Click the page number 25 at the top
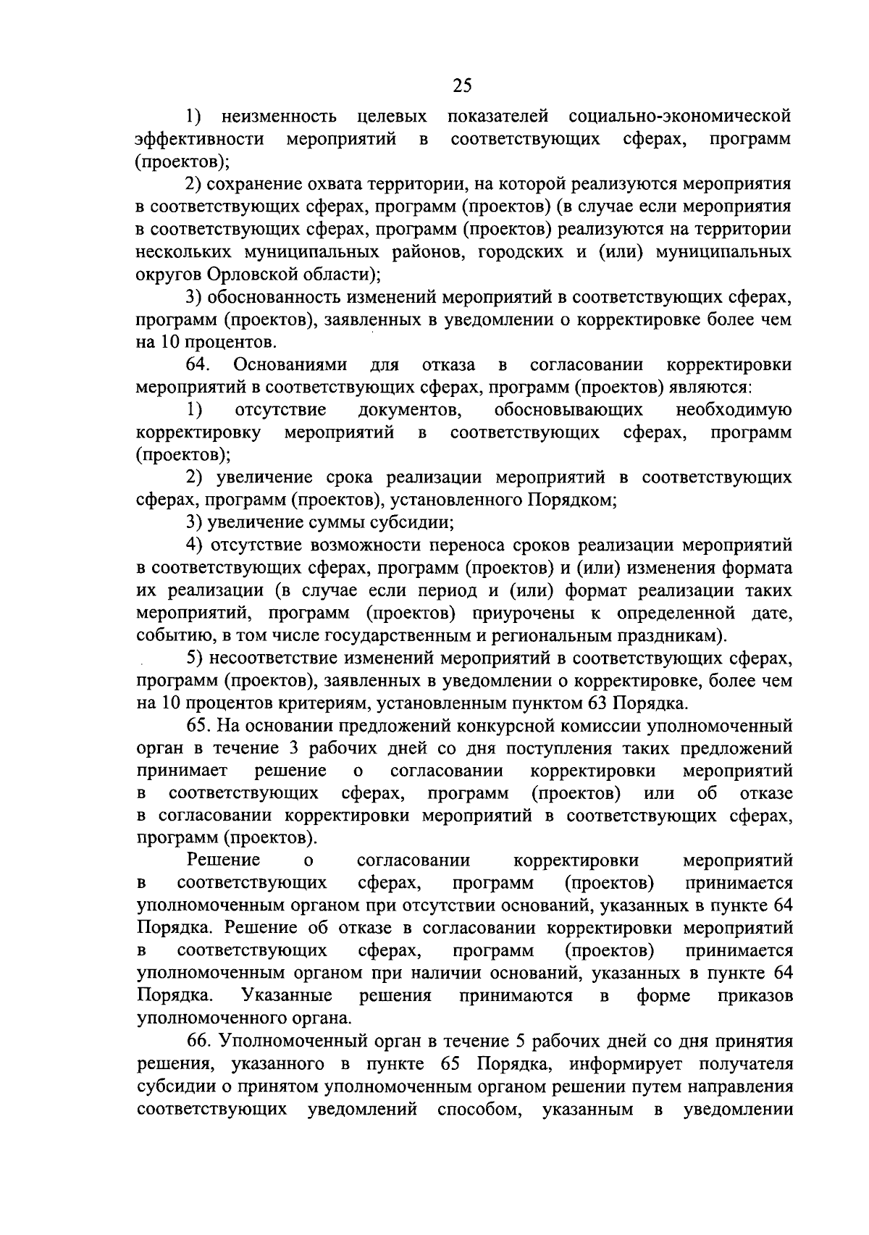(x=462, y=86)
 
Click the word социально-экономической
(x=680, y=116)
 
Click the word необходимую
(x=733, y=410)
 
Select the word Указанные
(x=287, y=995)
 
